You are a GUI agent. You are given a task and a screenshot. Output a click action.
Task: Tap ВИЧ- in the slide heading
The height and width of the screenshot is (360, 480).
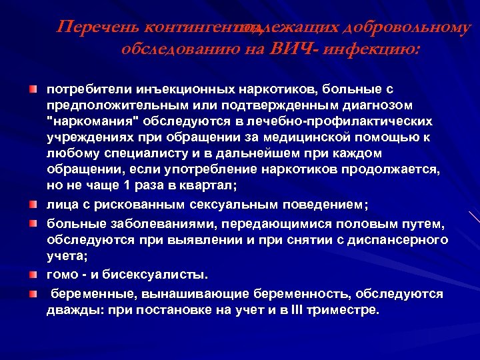[292, 49]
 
